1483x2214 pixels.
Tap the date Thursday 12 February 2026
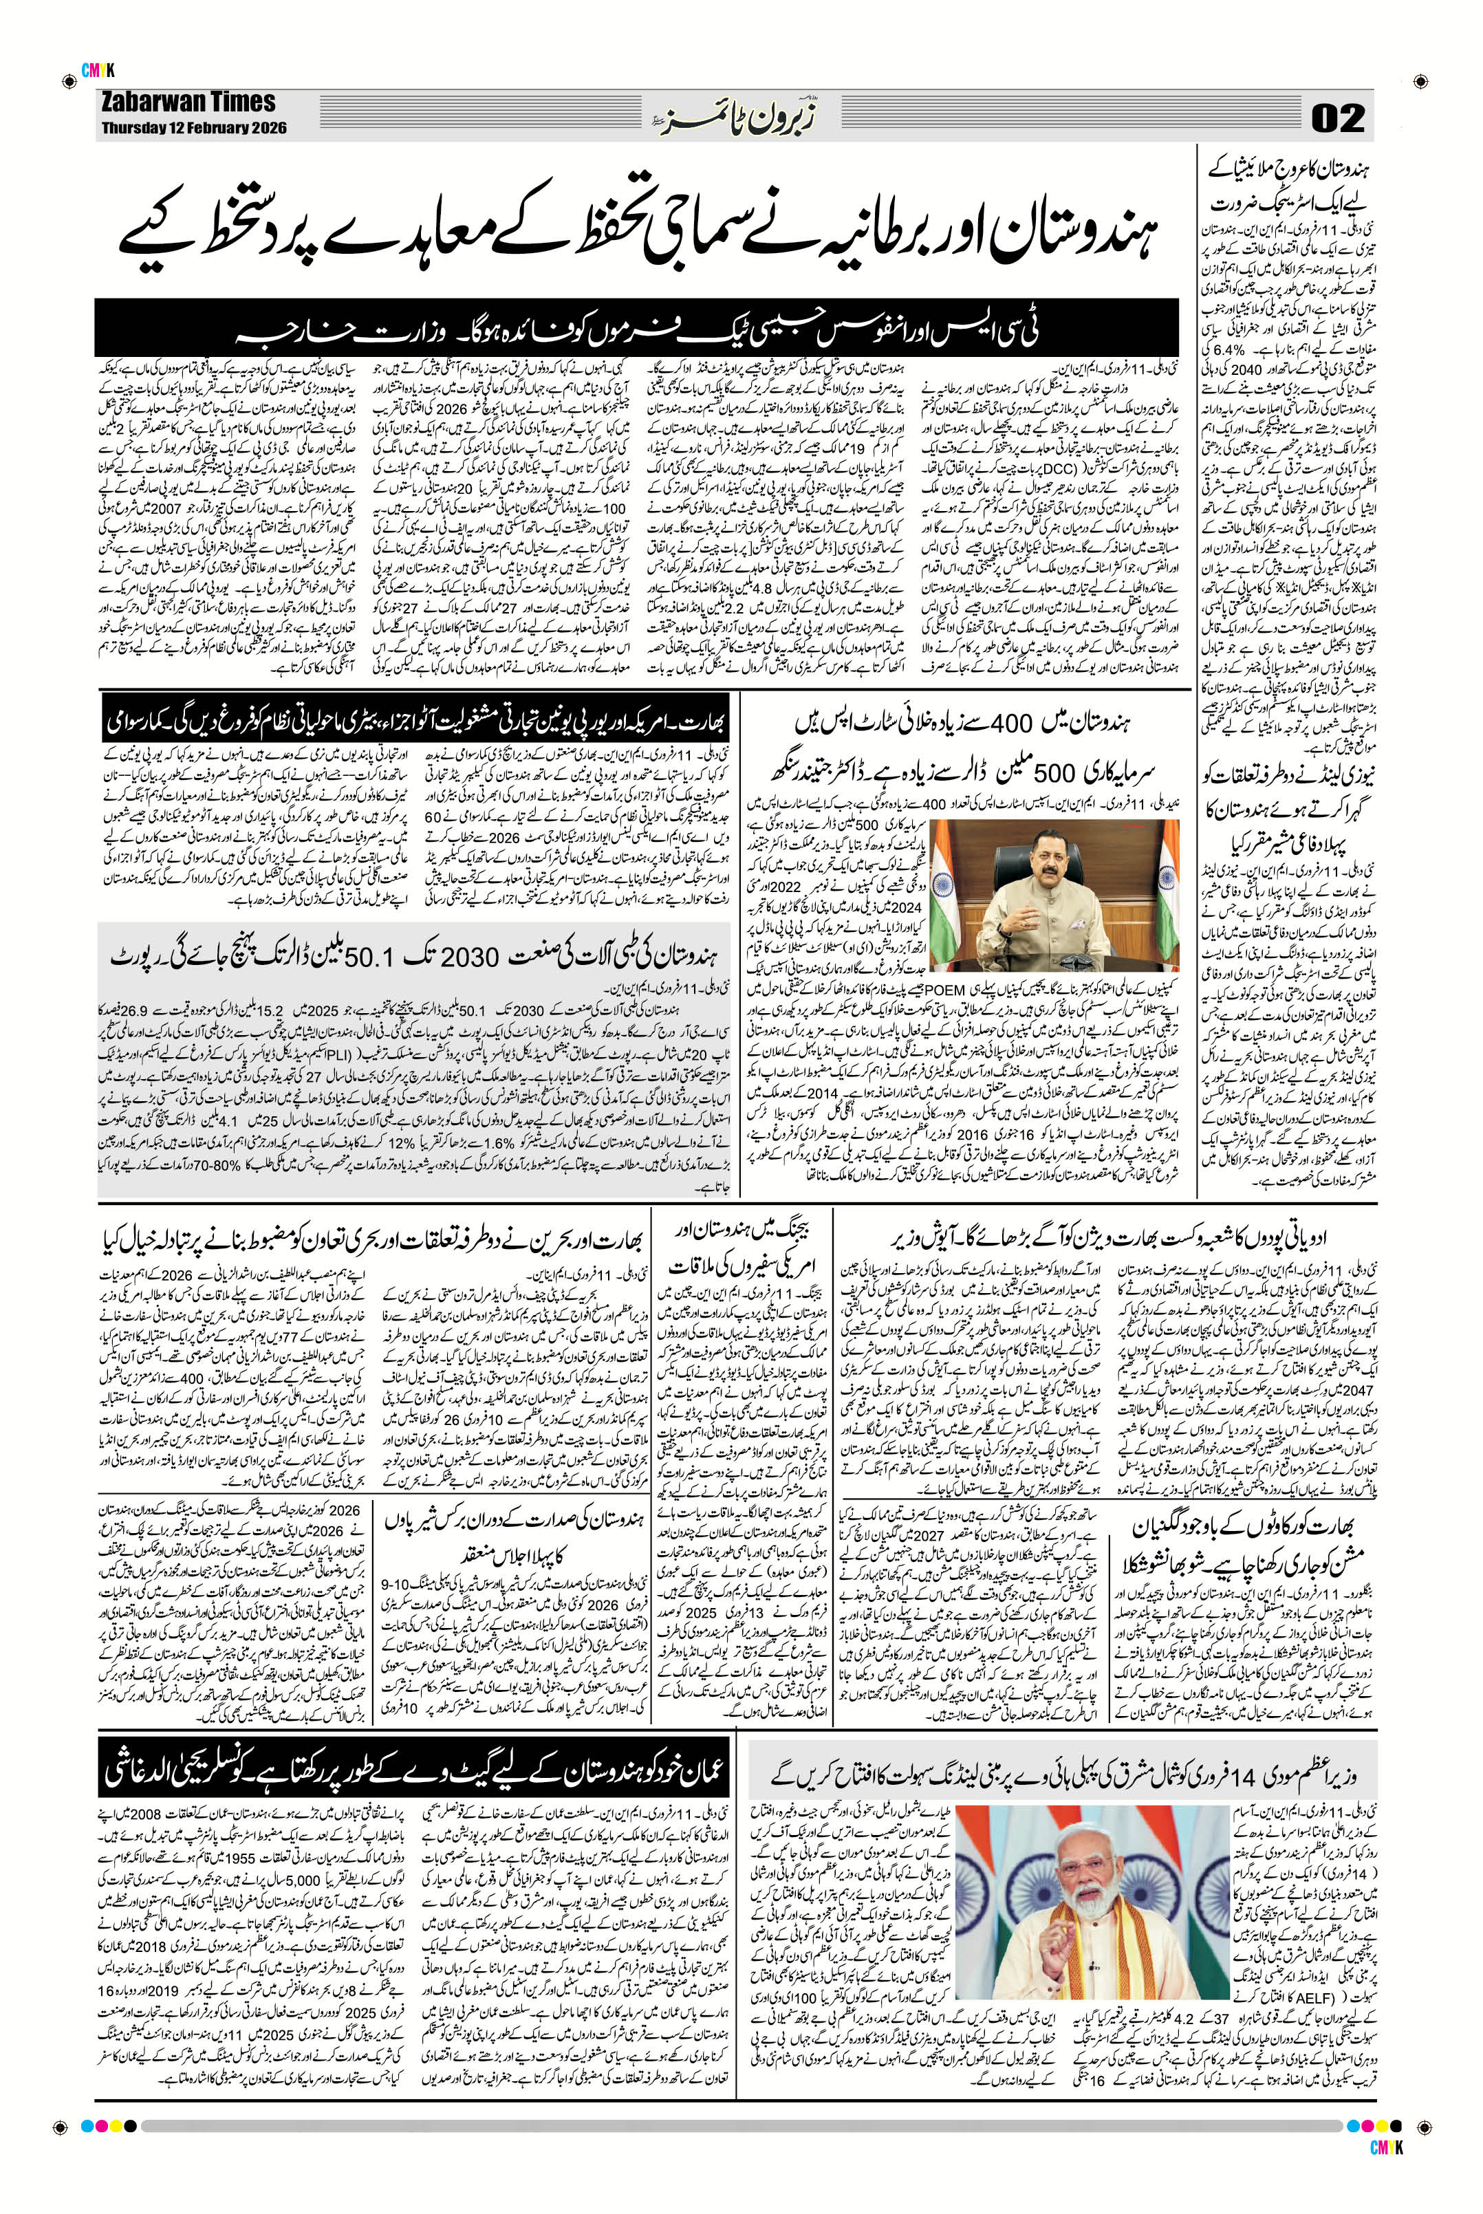pyautogui.click(x=195, y=127)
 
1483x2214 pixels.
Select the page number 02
pyautogui.click(x=1337, y=119)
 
